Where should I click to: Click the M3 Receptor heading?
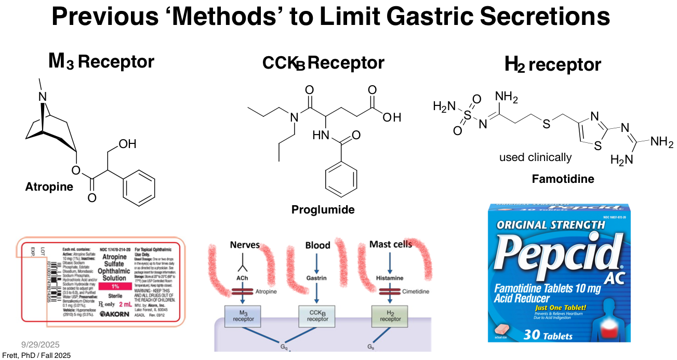click(x=101, y=62)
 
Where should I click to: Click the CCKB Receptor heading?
click(x=323, y=63)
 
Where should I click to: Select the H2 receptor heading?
click(x=552, y=65)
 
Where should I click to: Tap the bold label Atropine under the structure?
click(x=49, y=187)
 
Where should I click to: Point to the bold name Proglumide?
click(x=323, y=210)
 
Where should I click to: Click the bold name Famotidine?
click(x=563, y=179)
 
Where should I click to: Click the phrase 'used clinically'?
click(x=535, y=157)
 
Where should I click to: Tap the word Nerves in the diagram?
click(x=245, y=245)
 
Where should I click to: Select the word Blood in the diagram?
click(x=317, y=245)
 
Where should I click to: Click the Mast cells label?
click(x=390, y=244)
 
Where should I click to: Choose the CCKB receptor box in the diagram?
click(x=317, y=315)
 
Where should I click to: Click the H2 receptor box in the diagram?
click(x=390, y=315)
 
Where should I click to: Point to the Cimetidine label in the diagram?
click(x=416, y=292)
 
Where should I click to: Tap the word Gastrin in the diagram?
click(x=316, y=278)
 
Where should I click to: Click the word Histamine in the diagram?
click(x=390, y=278)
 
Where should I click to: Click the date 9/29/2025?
click(x=41, y=344)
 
